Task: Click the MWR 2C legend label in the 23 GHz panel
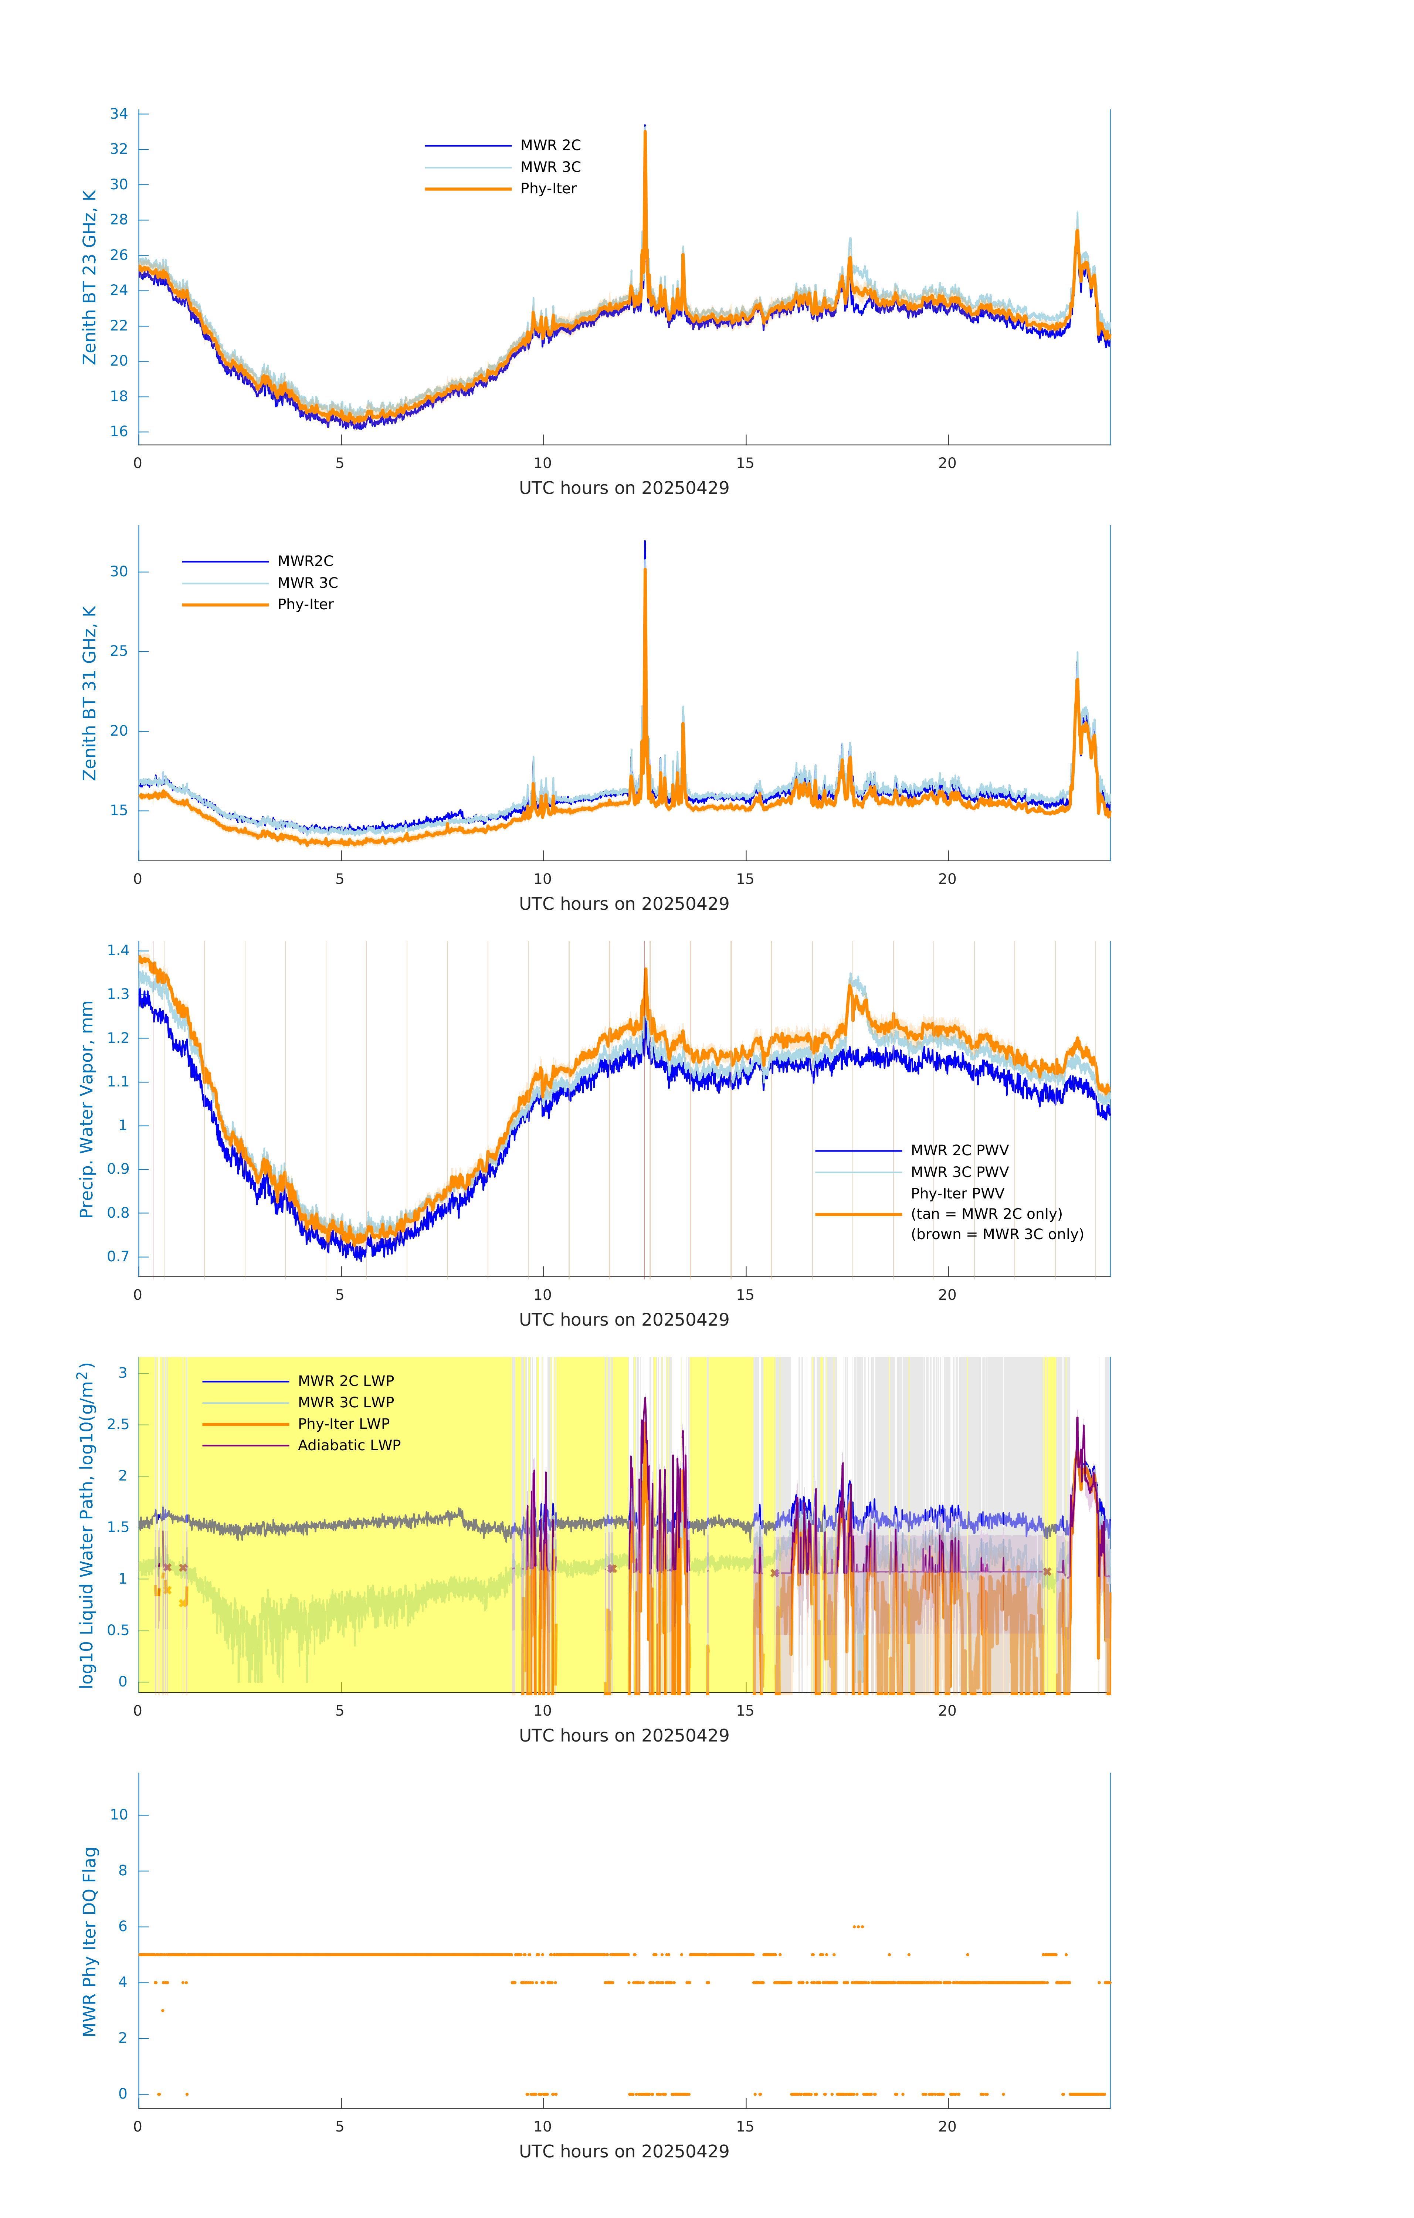coord(550,146)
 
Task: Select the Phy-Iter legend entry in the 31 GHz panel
coord(305,604)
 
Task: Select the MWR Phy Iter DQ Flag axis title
coord(89,1941)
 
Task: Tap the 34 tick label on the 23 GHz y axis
coord(119,114)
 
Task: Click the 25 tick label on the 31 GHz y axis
coord(119,651)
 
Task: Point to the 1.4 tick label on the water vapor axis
coord(118,950)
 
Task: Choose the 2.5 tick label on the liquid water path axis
coord(118,1424)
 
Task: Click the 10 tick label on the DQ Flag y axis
coord(119,1815)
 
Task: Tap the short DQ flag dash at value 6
coord(858,1926)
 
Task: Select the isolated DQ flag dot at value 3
coord(163,2011)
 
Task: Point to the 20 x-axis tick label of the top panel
coord(947,463)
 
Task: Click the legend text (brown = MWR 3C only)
coord(997,1234)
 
